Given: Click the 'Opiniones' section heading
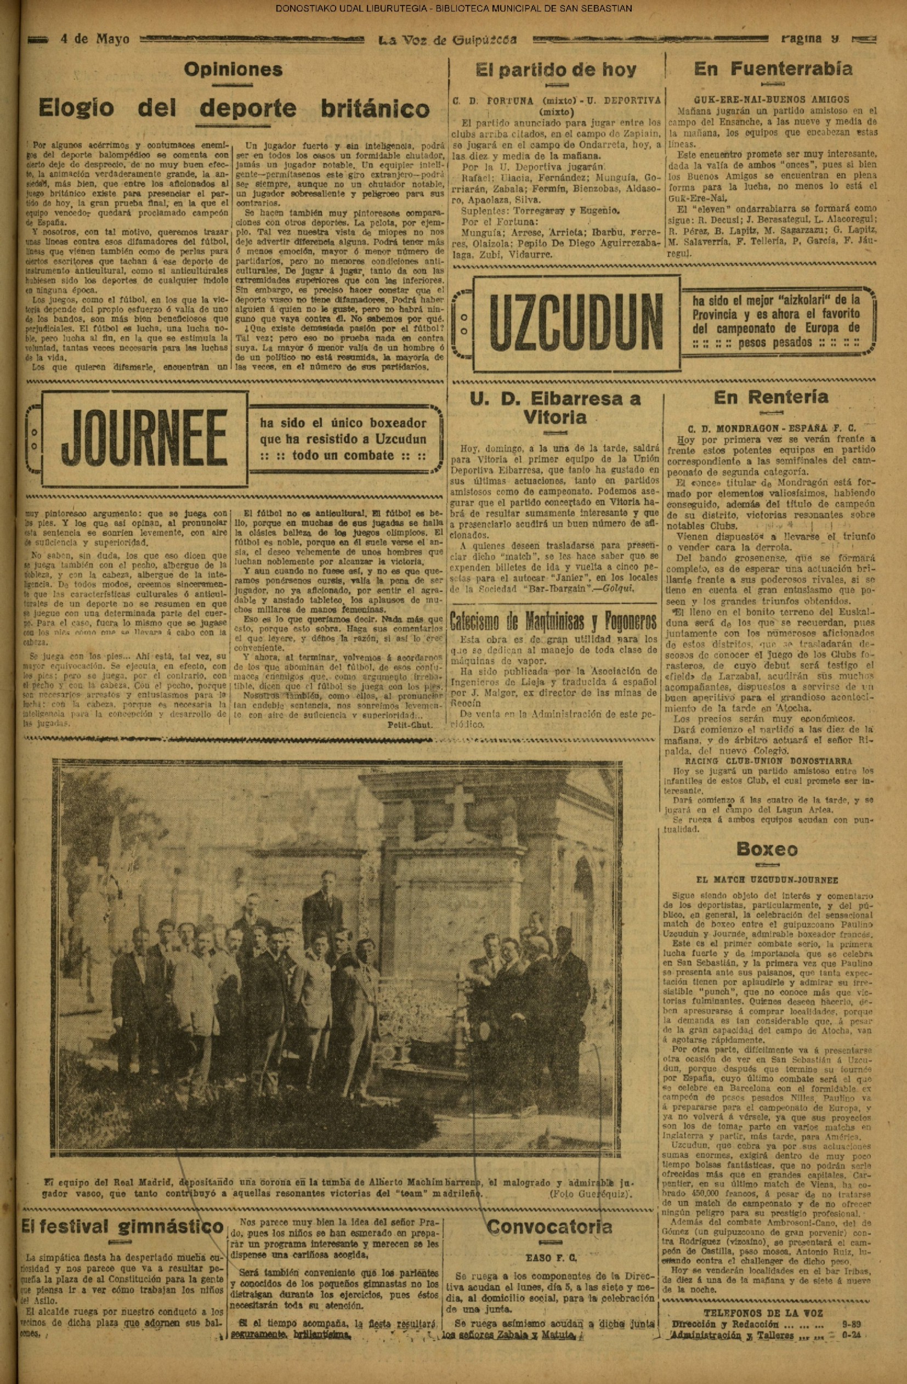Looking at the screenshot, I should coord(233,70).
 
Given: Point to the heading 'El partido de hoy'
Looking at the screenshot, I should coord(556,70).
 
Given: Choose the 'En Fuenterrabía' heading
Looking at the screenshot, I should coord(773,69).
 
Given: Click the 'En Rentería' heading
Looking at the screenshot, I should coord(771,397).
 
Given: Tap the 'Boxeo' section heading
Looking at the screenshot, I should coord(766,849).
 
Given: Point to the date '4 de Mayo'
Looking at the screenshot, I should coord(95,39).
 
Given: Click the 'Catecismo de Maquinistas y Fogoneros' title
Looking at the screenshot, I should coord(554,621).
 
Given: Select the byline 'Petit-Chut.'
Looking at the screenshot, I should coord(409,725).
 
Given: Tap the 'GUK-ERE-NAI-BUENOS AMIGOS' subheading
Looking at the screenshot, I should coord(772,99).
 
